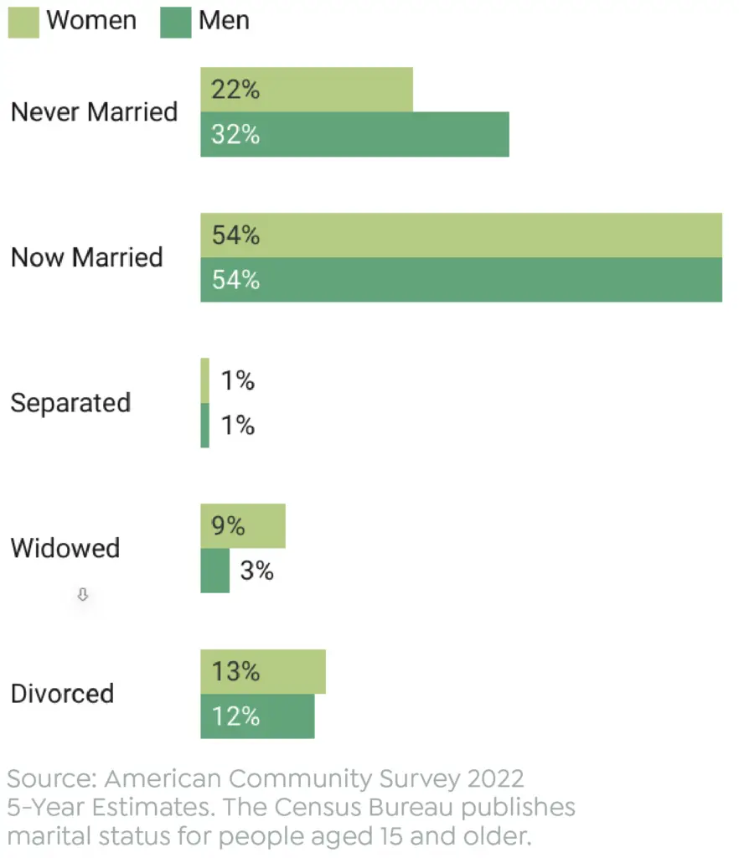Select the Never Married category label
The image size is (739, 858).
click(x=94, y=111)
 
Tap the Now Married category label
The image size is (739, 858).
click(x=86, y=257)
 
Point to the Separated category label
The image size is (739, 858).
click(x=70, y=402)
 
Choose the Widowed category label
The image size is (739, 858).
click(x=65, y=548)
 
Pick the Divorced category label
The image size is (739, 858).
click(x=62, y=694)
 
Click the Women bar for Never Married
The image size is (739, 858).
click(x=335, y=90)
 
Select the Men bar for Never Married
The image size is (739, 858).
click(x=377, y=134)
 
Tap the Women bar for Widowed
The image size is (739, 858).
click(x=264, y=526)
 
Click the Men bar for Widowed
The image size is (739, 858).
click(x=214, y=571)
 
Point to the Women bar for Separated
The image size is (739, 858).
click(x=204, y=380)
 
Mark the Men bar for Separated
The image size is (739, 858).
click(x=204, y=425)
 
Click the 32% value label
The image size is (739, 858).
click(x=235, y=134)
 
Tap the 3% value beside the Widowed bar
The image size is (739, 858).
click(x=256, y=571)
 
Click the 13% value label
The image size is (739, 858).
click(x=235, y=672)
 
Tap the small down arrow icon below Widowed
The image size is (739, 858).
click(x=82, y=595)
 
